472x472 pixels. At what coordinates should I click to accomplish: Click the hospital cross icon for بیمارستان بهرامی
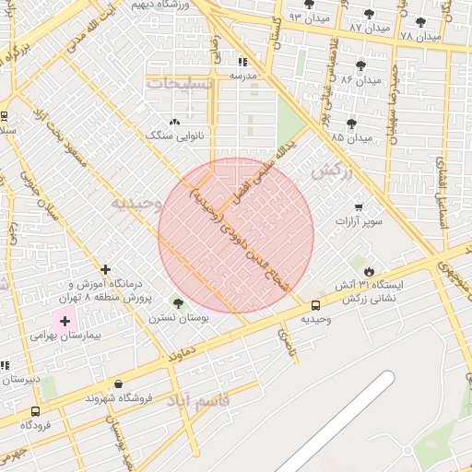[65, 322]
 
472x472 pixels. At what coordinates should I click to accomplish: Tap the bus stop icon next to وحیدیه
[316, 305]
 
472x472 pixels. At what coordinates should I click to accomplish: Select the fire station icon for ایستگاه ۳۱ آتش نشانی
[370, 271]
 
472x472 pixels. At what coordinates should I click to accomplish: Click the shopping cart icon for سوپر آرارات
[359, 207]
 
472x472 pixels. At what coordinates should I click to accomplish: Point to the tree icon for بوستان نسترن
[178, 302]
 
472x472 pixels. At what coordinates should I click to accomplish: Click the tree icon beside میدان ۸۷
[370, 14]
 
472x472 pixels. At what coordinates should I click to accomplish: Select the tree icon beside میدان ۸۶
[360, 65]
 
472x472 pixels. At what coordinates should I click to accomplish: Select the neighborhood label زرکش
[332, 171]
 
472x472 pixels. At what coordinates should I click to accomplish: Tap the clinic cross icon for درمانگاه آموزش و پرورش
[106, 270]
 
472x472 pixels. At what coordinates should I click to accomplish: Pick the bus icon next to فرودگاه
[35, 411]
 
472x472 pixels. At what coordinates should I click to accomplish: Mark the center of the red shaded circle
[236, 236]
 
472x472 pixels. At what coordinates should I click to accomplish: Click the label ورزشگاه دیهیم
[165, 5]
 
